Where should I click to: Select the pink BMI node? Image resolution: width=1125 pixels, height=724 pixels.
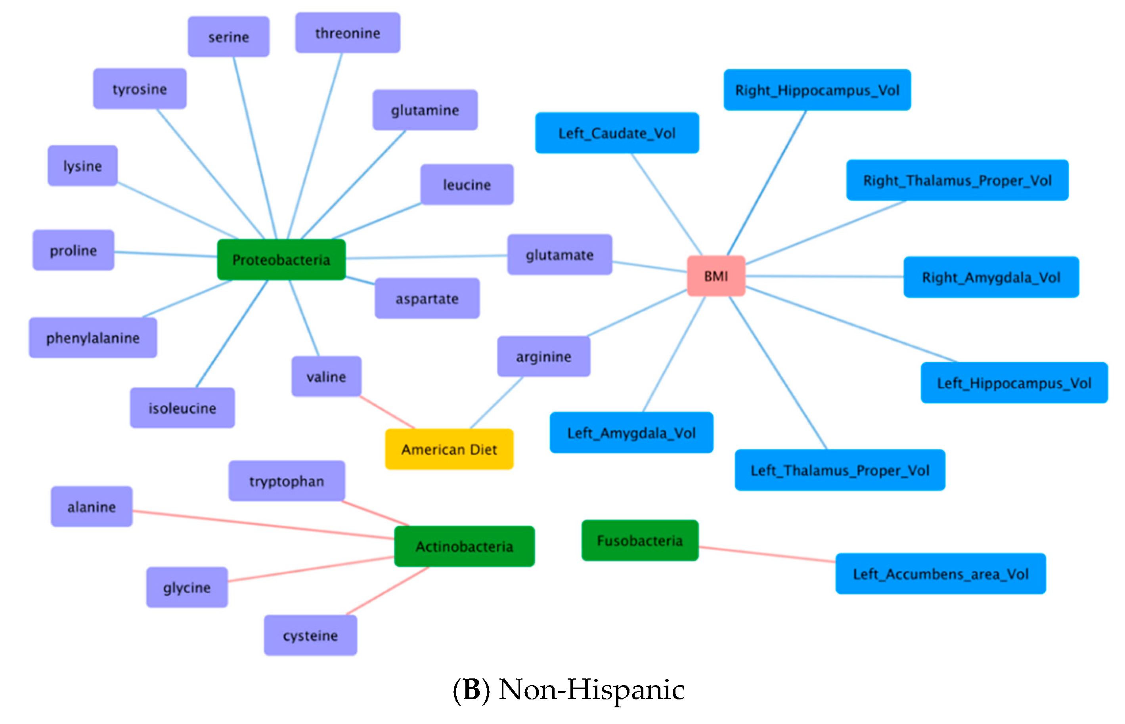[716, 276]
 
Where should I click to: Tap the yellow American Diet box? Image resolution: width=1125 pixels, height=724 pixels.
[449, 449]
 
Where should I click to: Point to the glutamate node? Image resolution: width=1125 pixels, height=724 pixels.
[559, 254]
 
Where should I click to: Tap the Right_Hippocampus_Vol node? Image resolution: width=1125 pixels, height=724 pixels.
[817, 90]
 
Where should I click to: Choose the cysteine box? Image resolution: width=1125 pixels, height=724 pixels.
[310, 635]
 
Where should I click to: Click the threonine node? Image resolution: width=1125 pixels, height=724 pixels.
[348, 33]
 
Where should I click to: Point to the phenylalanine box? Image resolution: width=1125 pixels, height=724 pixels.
[93, 338]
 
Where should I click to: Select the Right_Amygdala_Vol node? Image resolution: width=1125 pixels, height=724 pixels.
[991, 277]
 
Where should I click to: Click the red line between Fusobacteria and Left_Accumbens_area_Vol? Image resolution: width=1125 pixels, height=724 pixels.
[767, 554]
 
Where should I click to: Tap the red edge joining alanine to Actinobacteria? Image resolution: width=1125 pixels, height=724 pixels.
[263, 525]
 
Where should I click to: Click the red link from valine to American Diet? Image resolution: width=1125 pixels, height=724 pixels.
[387, 412]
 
